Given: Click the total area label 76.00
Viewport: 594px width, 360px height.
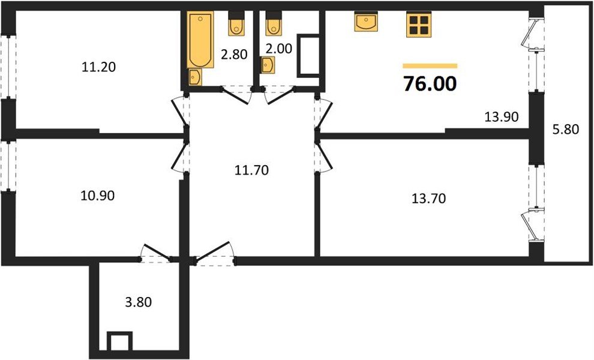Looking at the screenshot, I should [430, 84].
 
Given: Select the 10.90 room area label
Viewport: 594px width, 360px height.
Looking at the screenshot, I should [97, 195].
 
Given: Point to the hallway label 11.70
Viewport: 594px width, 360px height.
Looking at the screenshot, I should [250, 170].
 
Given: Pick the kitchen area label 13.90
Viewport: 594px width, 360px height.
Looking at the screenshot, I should [502, 116].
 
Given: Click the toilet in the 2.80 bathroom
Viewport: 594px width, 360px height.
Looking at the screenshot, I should [235, 25].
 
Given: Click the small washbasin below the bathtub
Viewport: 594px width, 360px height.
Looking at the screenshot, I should [196, 77].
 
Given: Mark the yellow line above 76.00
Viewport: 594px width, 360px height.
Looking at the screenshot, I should [430, 65].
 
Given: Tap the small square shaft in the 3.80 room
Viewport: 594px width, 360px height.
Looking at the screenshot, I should [119, 342].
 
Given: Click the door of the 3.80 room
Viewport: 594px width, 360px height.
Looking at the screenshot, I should [157, 253].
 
